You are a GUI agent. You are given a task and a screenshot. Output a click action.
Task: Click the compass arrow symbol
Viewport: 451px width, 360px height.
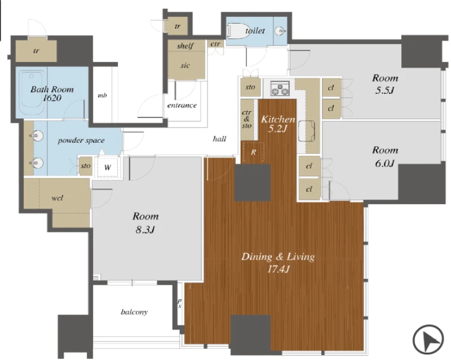point(428,339)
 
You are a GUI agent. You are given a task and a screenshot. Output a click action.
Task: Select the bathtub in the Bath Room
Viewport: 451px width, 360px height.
point(31,93)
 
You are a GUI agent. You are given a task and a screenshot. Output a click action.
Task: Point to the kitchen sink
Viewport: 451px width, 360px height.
point(307,131)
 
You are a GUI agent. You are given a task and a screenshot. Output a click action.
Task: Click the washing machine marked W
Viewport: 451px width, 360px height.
point(108,167)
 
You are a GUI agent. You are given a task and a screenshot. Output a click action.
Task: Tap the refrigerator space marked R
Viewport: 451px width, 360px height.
point(253,152)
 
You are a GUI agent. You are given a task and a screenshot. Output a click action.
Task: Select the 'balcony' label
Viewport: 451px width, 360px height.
point(134,312)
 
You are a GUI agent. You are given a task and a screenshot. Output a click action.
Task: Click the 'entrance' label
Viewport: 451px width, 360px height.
point(182,106)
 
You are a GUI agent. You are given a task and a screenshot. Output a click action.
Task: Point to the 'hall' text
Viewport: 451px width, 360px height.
point(219,139)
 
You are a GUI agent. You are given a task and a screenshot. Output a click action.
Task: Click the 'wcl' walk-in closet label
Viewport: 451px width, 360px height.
point(57,198)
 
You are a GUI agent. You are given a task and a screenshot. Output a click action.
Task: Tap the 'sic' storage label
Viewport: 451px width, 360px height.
point(185,65)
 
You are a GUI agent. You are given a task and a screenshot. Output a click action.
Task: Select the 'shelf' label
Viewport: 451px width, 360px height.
point(185,46)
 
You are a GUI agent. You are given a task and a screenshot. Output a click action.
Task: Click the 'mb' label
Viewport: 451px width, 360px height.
point(103,95)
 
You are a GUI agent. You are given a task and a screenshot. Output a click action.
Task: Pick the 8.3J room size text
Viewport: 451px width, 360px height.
point(145,230)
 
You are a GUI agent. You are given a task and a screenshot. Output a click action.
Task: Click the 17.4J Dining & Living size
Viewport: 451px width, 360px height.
point(278,270)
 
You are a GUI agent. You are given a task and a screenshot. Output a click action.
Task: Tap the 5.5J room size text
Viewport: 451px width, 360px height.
point(384,91)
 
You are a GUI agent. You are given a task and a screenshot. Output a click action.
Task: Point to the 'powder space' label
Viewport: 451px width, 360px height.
point(81,141)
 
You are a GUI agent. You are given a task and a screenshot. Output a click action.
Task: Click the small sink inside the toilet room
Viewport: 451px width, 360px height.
point(280,31)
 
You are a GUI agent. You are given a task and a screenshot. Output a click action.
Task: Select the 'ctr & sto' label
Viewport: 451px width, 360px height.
point(247,119)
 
